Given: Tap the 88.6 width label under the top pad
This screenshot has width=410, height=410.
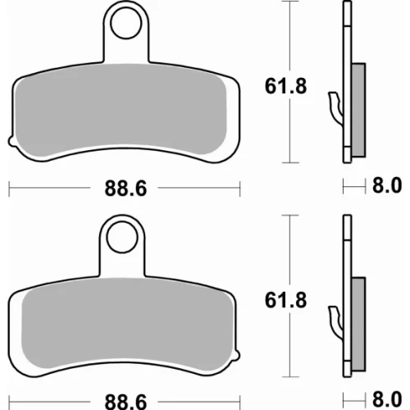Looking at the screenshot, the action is [x=125, y=189].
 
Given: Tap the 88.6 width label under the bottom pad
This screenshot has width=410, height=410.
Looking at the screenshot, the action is [x=125, y=403].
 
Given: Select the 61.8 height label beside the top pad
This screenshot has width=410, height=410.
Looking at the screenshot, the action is [x=285, y=86].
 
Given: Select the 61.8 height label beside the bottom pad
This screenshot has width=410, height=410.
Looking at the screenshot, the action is [x=285, y=300].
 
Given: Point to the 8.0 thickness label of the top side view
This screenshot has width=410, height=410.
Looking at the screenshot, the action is [x=387, y=185].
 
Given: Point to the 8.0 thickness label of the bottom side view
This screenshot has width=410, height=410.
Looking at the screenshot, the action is [x=387, y=399].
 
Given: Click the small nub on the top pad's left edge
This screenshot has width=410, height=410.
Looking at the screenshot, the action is [x=11, y=141].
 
